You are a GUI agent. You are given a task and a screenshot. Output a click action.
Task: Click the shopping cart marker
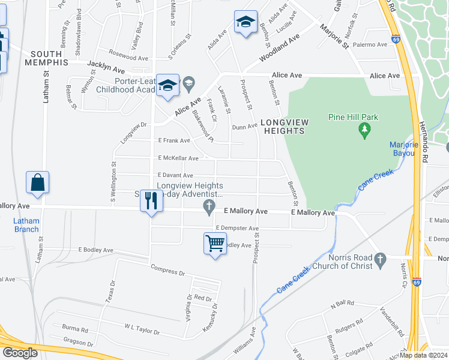click(214, 244)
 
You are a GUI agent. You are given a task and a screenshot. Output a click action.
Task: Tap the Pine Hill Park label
click(353, 117)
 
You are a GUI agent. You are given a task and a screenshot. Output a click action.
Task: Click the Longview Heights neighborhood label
click(285, 127)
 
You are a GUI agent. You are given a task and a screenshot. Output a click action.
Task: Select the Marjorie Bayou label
click(402, 149)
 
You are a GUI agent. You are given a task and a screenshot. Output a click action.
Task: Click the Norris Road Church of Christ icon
click(379, 259)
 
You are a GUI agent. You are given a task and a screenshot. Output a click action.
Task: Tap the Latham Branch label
click(26, 225)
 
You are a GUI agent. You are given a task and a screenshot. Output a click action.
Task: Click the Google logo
click(20, 353)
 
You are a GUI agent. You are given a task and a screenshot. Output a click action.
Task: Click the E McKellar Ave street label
click(178, 158)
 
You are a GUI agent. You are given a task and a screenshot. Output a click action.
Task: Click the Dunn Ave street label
click(244, 127)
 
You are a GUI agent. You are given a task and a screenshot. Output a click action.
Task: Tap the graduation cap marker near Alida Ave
click(246, 23)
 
